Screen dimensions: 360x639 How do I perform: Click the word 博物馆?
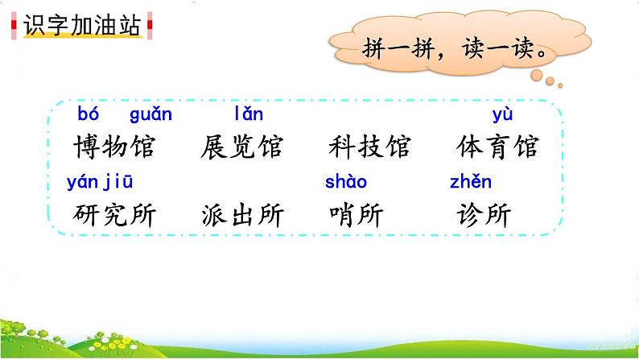tap(113, 147)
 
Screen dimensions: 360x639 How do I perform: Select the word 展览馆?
tap(241, 147)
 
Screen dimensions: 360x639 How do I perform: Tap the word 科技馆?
tap(369, 147)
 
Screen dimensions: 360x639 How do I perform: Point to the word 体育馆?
tap(497, 147)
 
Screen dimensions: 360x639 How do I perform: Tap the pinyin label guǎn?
tap(150, 114)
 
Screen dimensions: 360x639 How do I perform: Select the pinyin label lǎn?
tap(248, 114)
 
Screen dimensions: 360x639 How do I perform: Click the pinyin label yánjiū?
tap(100, 182)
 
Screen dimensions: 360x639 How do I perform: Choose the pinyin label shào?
tap(346, 182)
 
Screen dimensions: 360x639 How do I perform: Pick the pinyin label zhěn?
tap(470, 182)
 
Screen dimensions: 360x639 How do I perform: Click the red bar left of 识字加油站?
tap(15, 26)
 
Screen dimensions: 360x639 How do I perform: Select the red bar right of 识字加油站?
tap(150, 26)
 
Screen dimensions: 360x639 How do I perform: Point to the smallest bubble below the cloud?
tap(560, 84)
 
